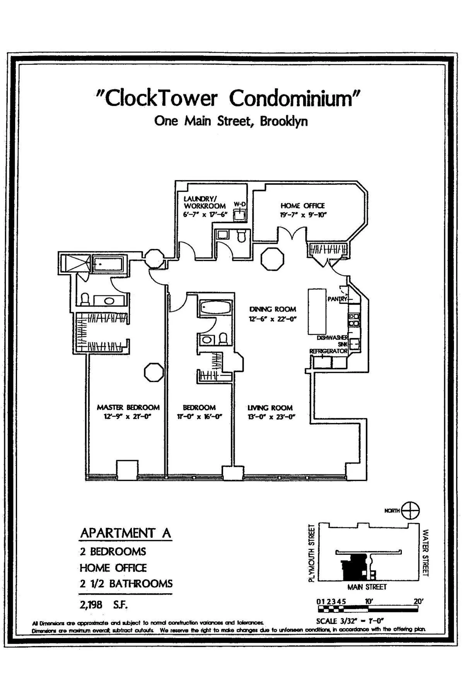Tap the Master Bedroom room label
tap(128, 407)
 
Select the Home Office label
tap(302, 206)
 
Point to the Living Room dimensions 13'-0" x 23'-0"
tap(271, 417)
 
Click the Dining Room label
tap(273, 309)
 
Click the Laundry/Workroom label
tap(205, 203)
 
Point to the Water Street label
tap(426, 553)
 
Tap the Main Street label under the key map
tap(367, 587)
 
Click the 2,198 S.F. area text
tap(104, 604)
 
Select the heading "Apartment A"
tap(125, 533)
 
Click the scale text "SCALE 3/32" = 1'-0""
tap(349, 621)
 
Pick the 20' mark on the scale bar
tap(418, 602)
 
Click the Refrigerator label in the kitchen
tap(328, 351)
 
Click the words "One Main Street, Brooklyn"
tap(231, 121)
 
